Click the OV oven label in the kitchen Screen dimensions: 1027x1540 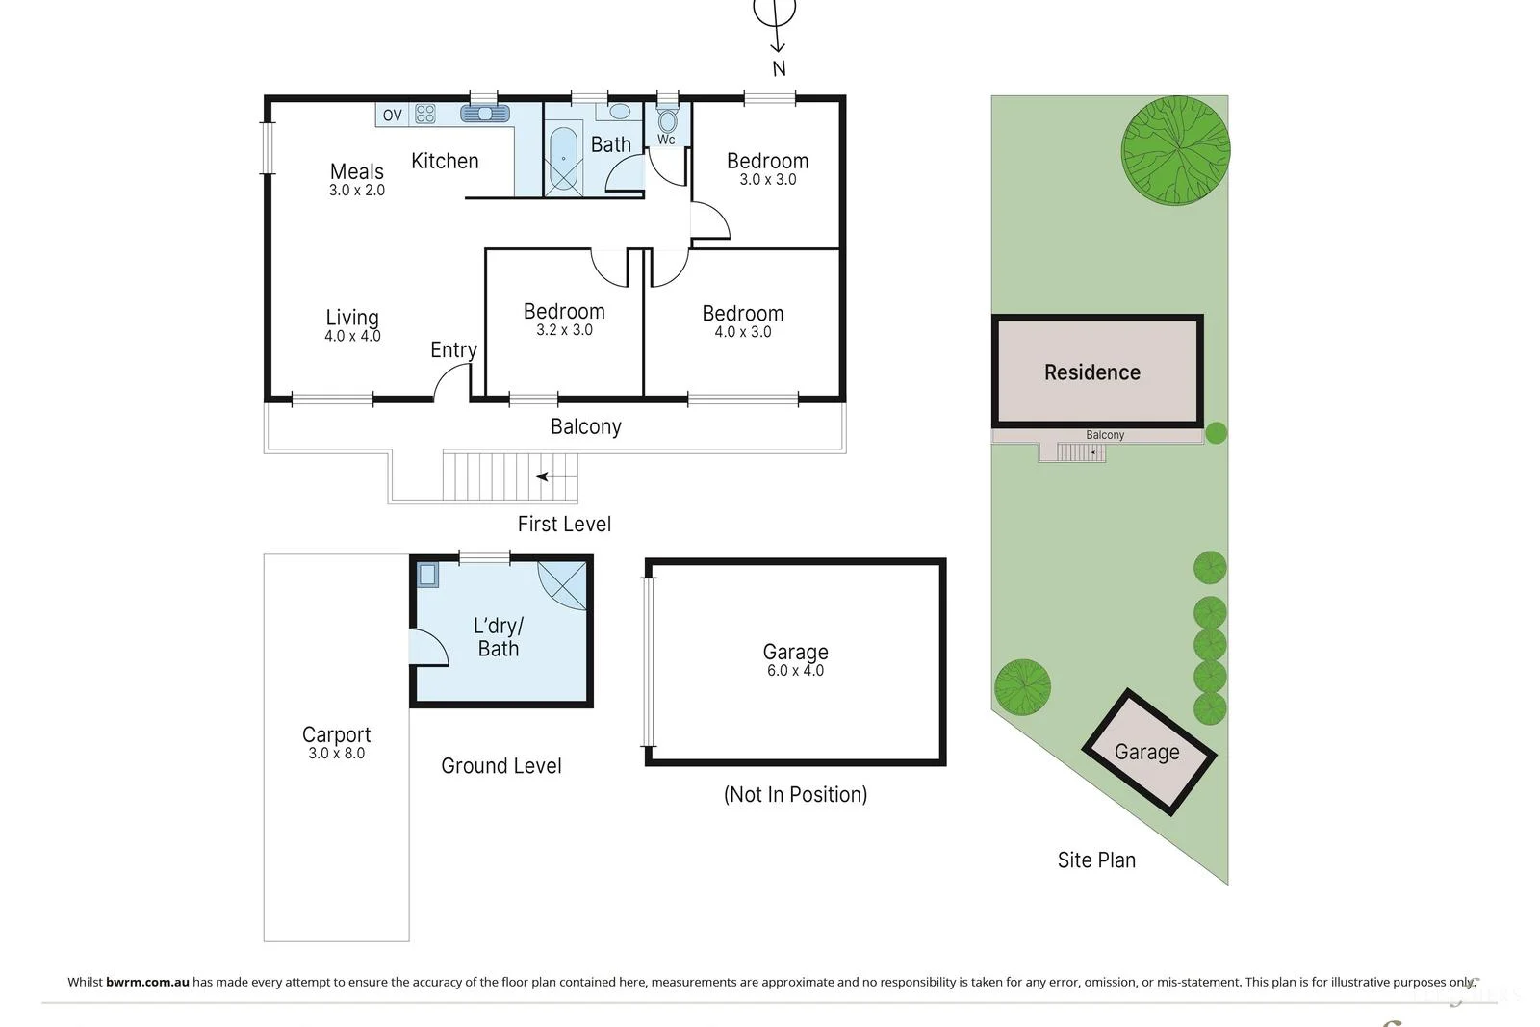(x=392, y=116)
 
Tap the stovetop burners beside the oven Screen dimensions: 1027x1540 (x=425, y=115)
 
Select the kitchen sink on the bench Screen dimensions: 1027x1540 (x=485, y=114)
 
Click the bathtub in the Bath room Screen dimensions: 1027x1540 (x=563, y=158)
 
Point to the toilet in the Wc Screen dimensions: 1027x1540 (x=667, y=122)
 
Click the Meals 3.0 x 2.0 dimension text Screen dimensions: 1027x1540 (x=357, y=191)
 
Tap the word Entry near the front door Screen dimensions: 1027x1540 (x=453, y=350)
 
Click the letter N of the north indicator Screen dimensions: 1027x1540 (x=779, y=69)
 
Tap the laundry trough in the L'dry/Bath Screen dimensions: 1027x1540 (x=428, y=576)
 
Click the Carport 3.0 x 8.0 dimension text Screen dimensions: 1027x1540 (x=336, y=754)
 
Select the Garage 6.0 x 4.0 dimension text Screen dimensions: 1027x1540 (x=795, y=671)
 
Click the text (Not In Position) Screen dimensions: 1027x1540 (x=795, y=795)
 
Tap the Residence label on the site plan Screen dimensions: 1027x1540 (x=1091, y=372)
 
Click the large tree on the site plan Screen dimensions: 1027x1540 (x=1175, y=150)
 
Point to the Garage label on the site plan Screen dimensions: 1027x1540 (x=1146, y=753)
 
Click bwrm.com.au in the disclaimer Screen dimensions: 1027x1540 (x=147, y=983)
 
